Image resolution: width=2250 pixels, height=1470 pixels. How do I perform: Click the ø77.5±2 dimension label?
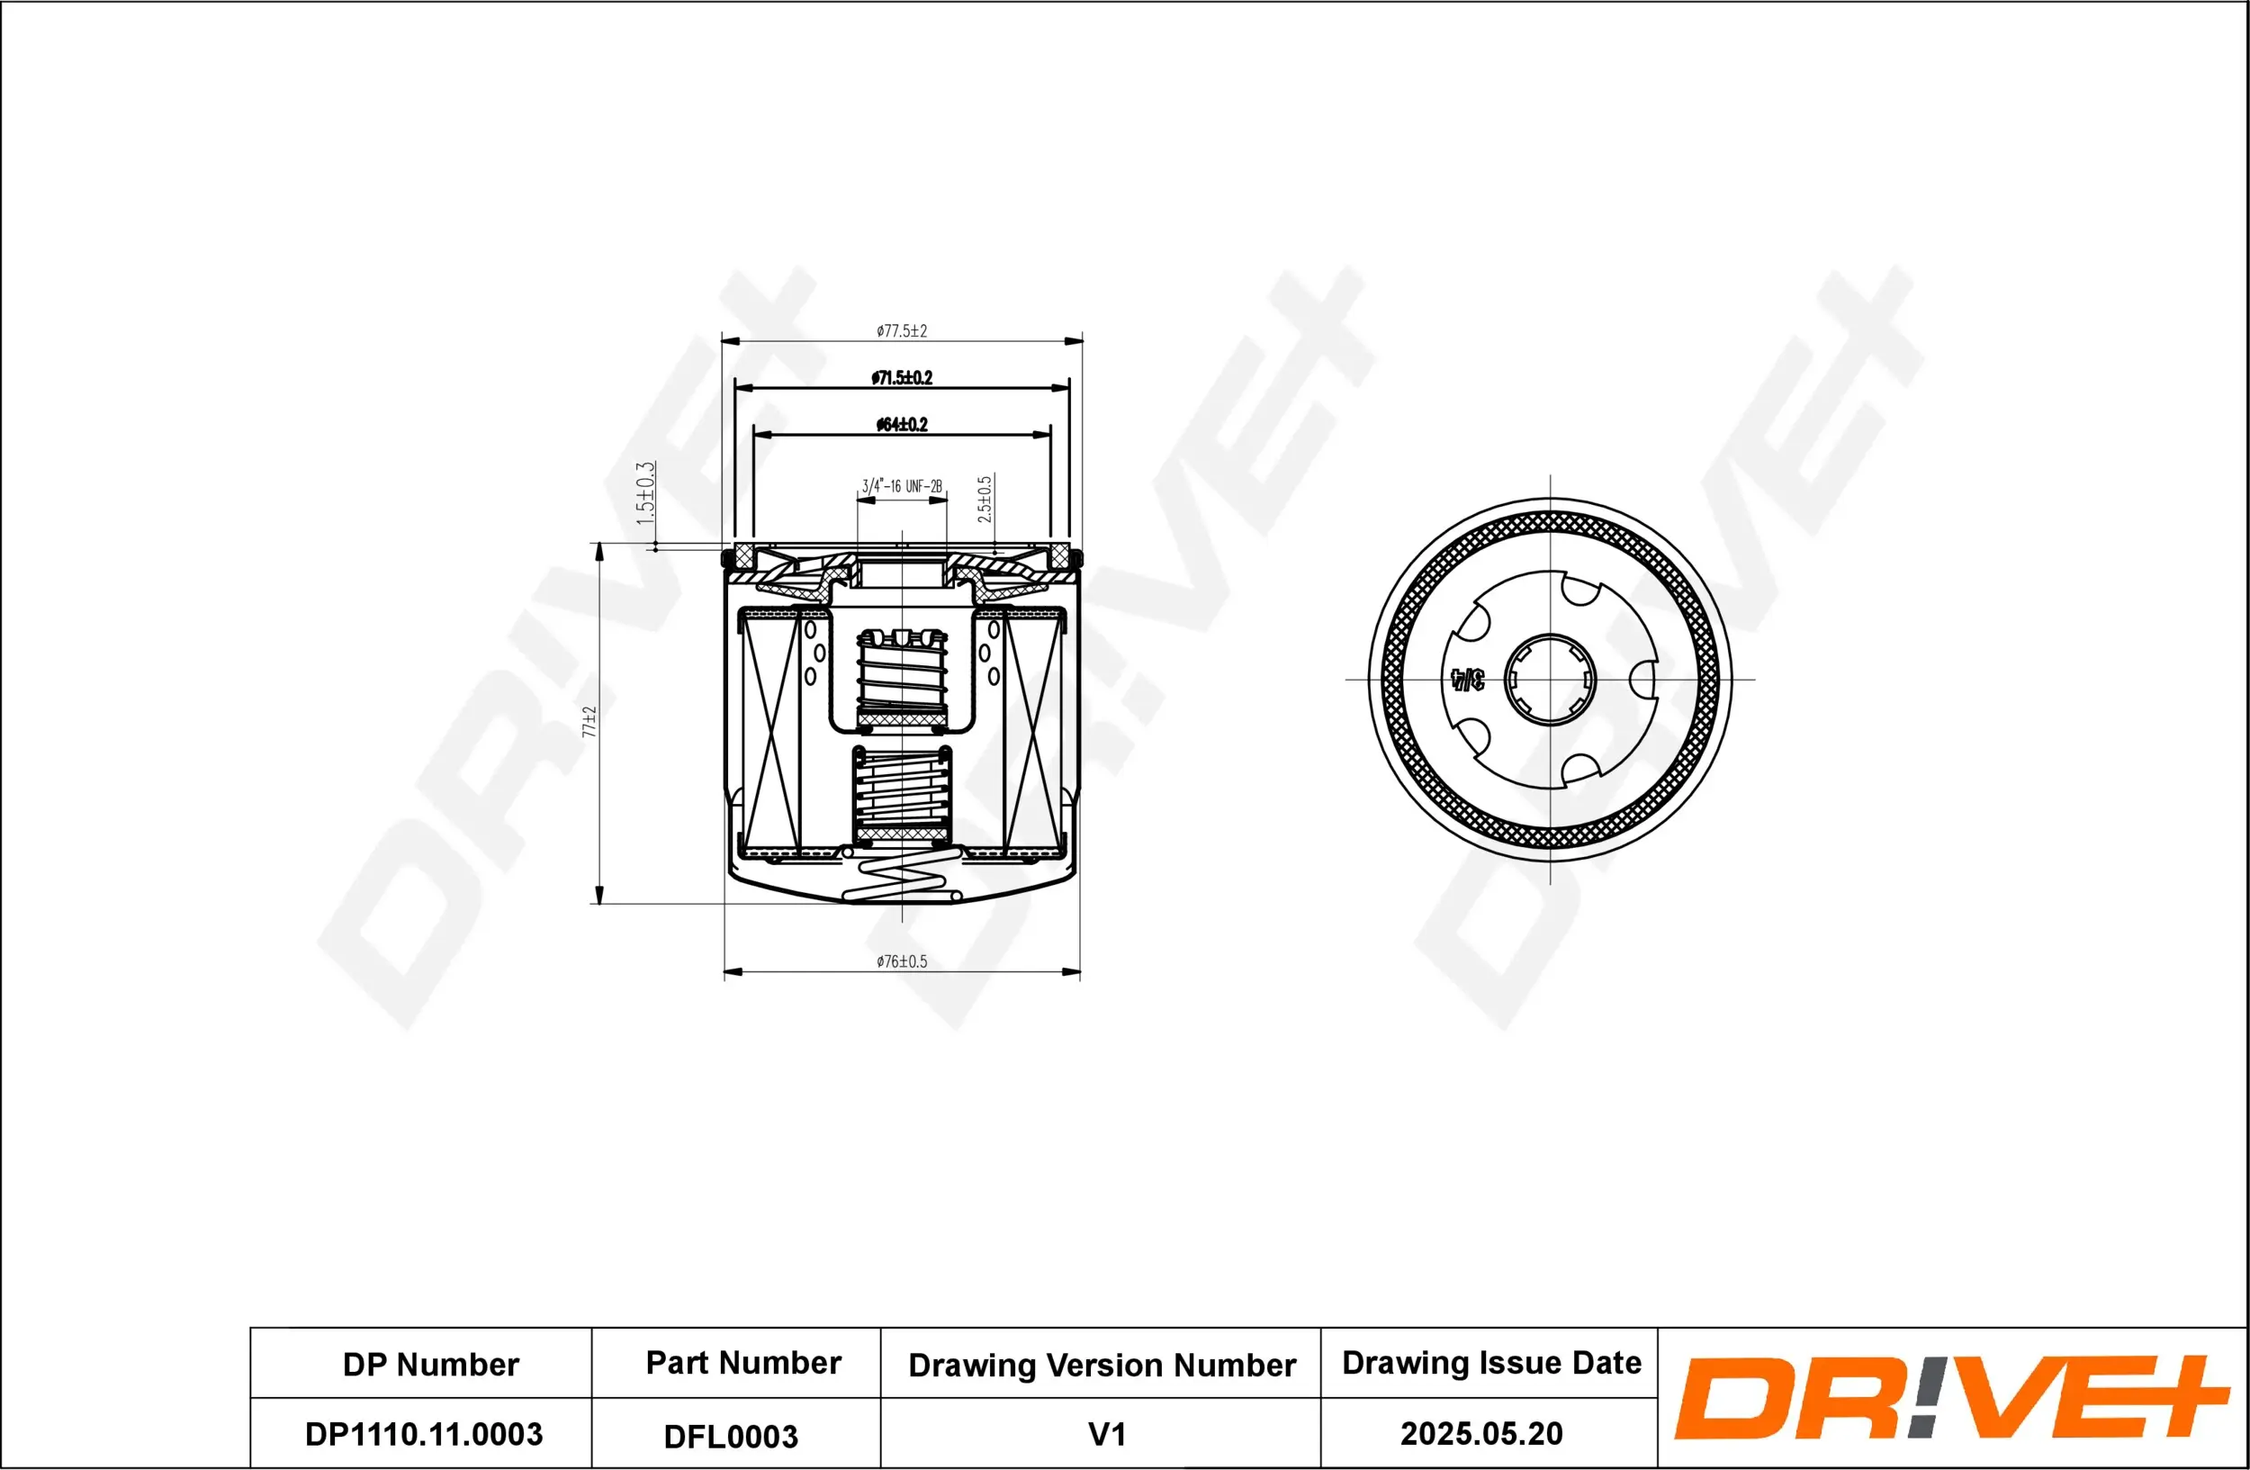tap(901, 331)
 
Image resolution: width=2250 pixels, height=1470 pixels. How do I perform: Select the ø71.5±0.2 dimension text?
tap(902, 378)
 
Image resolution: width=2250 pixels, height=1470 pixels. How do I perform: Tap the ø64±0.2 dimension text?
tap(902, 425)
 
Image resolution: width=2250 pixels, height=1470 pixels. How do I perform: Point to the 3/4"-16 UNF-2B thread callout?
tap(902, 487)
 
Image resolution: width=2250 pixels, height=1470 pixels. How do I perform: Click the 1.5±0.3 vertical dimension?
tap(644, 493)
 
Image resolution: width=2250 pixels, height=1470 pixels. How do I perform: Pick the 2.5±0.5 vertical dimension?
tap(984, 499)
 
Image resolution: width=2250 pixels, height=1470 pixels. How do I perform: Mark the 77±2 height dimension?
tap(589, 721)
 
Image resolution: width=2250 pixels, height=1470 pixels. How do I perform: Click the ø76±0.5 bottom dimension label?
tap(901, 961)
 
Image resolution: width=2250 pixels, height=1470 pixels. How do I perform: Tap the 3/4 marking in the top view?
tap(1467, 679)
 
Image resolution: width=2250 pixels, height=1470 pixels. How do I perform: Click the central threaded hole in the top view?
tap(1550, 679)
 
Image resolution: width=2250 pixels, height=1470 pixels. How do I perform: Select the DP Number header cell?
tap(430, 1364)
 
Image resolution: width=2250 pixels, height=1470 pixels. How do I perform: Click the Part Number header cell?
tap(743, 1362)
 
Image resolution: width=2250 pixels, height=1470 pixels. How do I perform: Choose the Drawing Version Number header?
tap(1102, 1365)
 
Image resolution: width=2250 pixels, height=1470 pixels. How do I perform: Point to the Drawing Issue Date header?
tap(1491, 1362)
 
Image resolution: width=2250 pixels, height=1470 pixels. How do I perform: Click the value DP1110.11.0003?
tap(424, 1434)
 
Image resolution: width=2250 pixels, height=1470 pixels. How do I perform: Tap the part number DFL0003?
tap(731, 1437)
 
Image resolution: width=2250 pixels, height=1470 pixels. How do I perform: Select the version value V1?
tap(1107, 1434)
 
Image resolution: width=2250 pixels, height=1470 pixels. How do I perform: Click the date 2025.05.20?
tap(1480, 1433)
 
